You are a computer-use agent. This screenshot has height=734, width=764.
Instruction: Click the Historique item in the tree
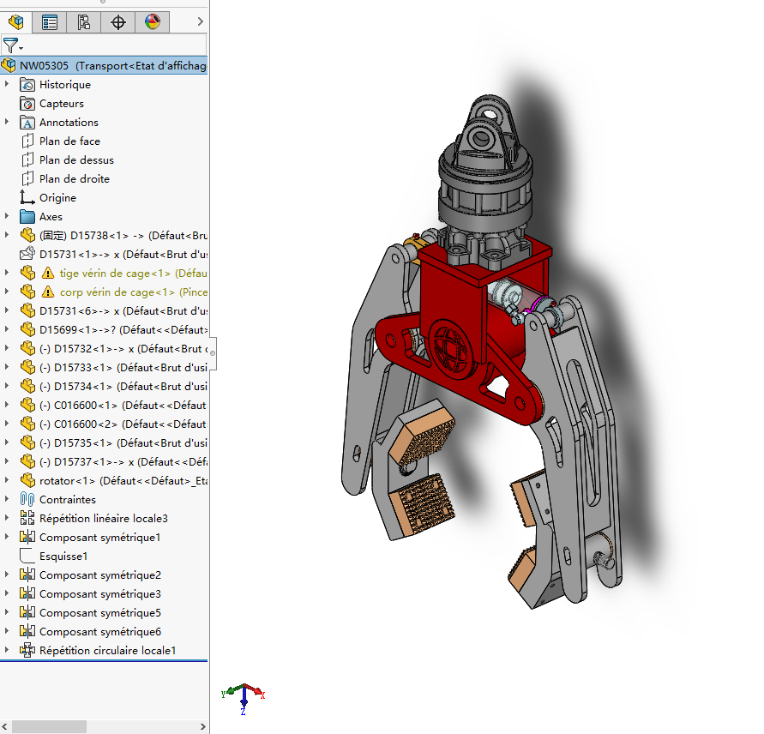(64, 85)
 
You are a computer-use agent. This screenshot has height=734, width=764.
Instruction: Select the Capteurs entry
(61, 104)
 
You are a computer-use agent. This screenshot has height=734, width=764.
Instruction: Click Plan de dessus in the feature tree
(75, 160)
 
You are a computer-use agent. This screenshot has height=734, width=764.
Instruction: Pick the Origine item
(57, 198)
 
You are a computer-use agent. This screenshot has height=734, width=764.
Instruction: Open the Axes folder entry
(51, 217)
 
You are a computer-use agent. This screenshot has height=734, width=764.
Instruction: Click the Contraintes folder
(67, 500)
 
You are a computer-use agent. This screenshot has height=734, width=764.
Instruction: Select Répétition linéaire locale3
(103, 519)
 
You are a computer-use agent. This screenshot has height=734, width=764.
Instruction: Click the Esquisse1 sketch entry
(63, 557)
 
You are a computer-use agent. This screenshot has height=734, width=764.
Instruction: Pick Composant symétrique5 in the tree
(99, 613)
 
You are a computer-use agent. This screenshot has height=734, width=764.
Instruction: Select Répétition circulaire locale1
(107, 651)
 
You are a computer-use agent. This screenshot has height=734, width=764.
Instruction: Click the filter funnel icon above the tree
(10, 45)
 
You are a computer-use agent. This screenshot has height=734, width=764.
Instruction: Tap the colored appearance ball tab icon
(153, 22)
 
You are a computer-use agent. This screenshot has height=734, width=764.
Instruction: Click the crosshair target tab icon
(118, 22)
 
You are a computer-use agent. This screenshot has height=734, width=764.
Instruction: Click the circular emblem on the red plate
(452, 348)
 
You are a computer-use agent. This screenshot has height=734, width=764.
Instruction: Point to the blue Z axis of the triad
(244, 704)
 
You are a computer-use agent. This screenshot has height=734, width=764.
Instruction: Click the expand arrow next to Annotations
(8, 123)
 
